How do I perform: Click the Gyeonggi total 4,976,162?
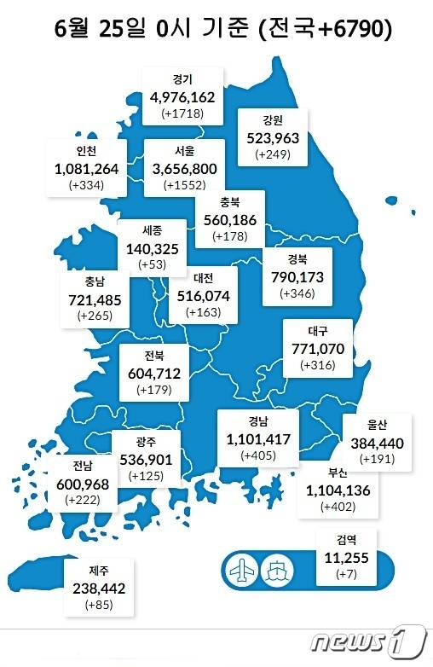[x=182, y=96]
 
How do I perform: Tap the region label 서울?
[x=182, y=150]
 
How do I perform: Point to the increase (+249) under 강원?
[x=274, y=154]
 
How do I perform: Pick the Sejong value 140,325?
[x=152, y=248]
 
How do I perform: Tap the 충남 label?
[x=95, y=281]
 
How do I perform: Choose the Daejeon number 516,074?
[x=201, y=295]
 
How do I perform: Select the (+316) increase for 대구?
[x=320, y=365]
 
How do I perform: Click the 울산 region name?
[x=377, y=426]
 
